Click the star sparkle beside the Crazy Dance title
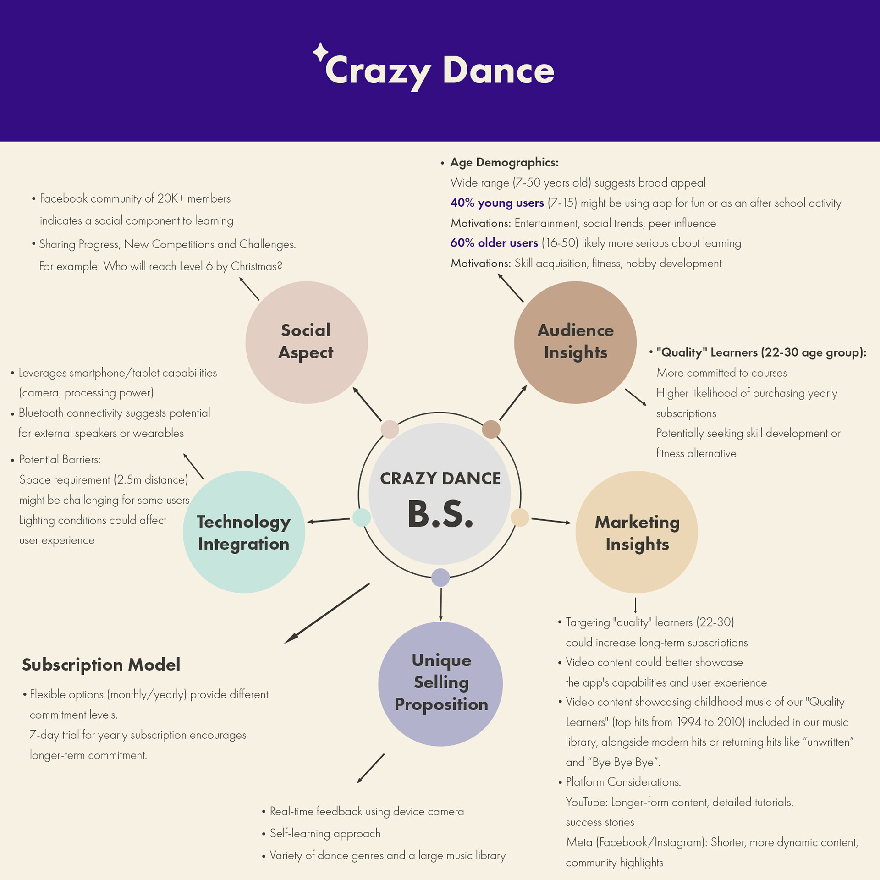click(320, 52)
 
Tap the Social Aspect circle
click(306, 342)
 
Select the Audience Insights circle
click(575, 342)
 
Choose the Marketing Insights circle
click(637, 532)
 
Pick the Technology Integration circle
click(244, 532)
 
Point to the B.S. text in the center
click(440, 514)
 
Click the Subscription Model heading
click(101, 665)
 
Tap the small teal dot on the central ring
click(362, 517)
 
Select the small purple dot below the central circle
click(440, 577)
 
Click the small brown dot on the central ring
click(491, 429)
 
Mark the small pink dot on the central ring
click(390, 429)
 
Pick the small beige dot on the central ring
click(520, 517)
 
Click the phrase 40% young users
click(497, 203)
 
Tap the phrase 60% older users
click(494, 243)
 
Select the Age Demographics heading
click(504, 162)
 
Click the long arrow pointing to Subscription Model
click(327, 613)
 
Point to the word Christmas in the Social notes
click(256, 266)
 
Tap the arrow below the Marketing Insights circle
click(635, 605)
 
